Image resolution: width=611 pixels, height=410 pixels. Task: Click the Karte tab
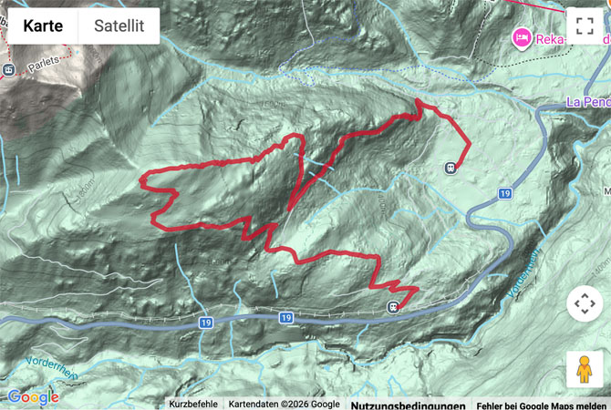tap(43, 26)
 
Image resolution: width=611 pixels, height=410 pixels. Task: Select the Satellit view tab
tap(119, 26)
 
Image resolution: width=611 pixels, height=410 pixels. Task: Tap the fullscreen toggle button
tap(585, 26)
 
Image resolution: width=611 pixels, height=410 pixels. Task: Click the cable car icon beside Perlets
tap(8, 69)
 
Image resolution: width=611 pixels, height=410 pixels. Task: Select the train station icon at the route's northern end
tap(450, 168)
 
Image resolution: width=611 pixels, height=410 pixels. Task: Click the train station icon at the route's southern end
tap(393, 307)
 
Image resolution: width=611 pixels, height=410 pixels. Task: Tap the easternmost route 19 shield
tap(504, 194)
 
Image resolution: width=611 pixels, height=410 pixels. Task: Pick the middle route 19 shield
tap(285, 318)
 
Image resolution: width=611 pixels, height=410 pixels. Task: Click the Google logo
tap(33, 397)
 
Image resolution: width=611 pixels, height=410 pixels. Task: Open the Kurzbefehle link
tap(193, 405)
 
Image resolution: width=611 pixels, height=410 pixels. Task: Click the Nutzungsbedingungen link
tap(408, 405)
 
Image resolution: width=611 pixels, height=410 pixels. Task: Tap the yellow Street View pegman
tap(585, 369)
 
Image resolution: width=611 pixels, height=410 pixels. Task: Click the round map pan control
tap(585, 303)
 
